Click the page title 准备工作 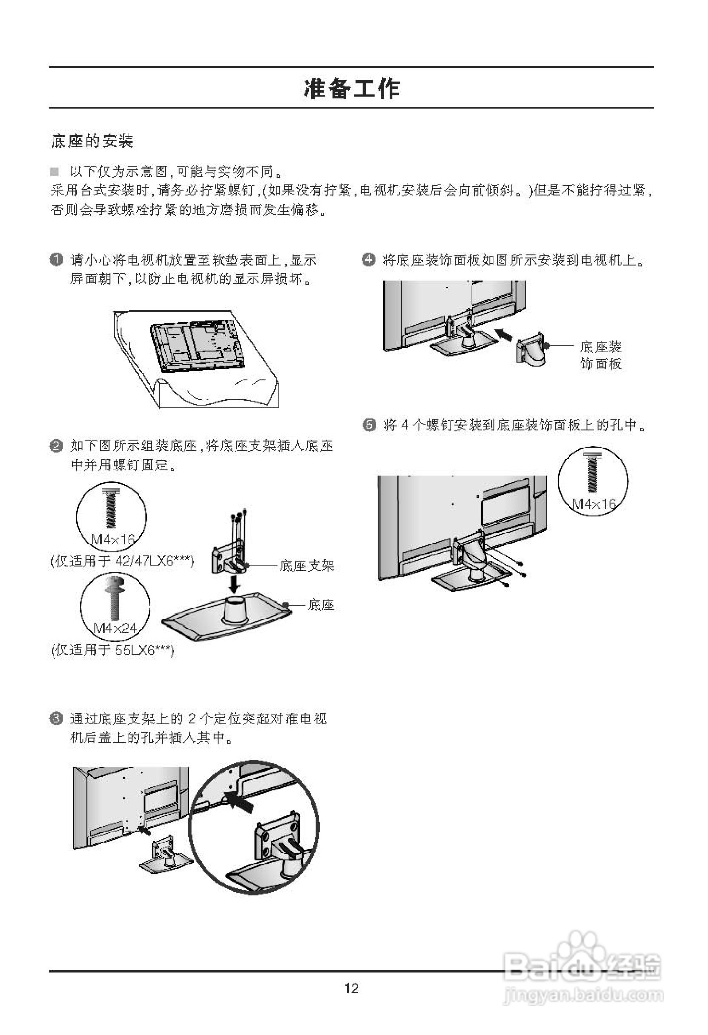pos(352,88)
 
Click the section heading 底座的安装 pos(92,141)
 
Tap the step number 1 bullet pos(56,259)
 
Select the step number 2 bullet pos(56,446)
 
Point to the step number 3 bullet pos(56,719)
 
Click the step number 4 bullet pos(368,259)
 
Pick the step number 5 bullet pos(369,425)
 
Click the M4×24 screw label pos(115,628)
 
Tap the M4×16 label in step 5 pos(594,504)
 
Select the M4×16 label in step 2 pos(113,540)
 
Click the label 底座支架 pos(306,566)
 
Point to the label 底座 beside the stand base pos(321,605)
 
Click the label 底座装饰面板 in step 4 pos(600,355)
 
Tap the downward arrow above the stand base pos(235,583)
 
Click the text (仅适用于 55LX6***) pos(113,651)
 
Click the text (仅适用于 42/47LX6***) pos(122,561)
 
